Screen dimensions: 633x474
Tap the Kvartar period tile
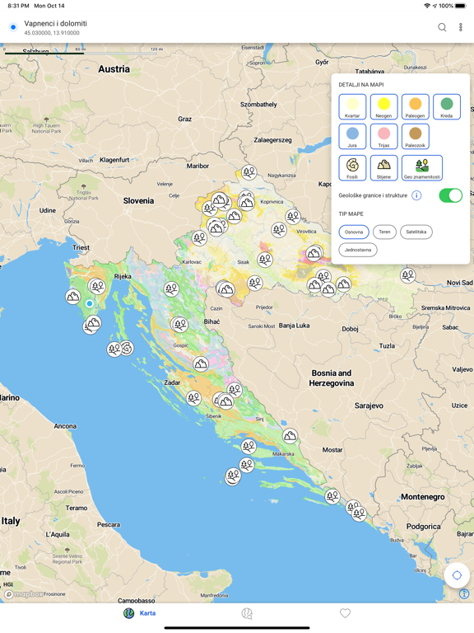pyautogui.click(x=352, y=107)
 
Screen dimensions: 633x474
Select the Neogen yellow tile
pyautogui.click(x=383, y=107)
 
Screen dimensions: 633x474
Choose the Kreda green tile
pyautogui.click(x=446, y=107)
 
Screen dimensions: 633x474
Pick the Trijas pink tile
pyautogui.click(x=383, y=137)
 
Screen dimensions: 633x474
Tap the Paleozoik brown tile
pyautogui.click(x=415, y=137)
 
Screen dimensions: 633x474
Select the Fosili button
pyautogui.click(x=352, y=167)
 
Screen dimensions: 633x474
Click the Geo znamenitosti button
pyautogui.click(x=421, y=167)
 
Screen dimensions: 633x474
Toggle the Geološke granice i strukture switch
pyautogui.click(x=450, y=195)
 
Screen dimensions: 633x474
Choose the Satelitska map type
pyautogui.click(x=416, y=232)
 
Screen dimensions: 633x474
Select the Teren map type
pyautogui.click(x=384, y=232)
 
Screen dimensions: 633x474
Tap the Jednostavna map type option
pyautogui.click(x=357, y=250)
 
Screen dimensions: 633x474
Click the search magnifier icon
pyautogui.click(x=442, y=27)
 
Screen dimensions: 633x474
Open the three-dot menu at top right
pyautogui.click(x=461, y=27)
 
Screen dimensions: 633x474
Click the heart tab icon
pyautogui.click(x=345, y=613)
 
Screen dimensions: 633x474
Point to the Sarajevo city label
pyautogui.click(x=368, y=406)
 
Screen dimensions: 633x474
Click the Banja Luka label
pyautogui.click(x=294, y=326)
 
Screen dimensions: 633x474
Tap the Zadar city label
pyautogui.click(x=172, y=382)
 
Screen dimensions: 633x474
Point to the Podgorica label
pyautogui.click(x=423, y=526)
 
